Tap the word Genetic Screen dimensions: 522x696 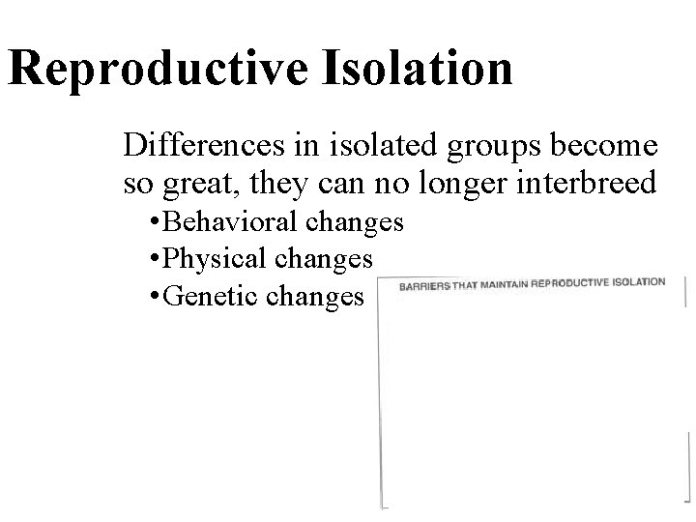tap(215, 295)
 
